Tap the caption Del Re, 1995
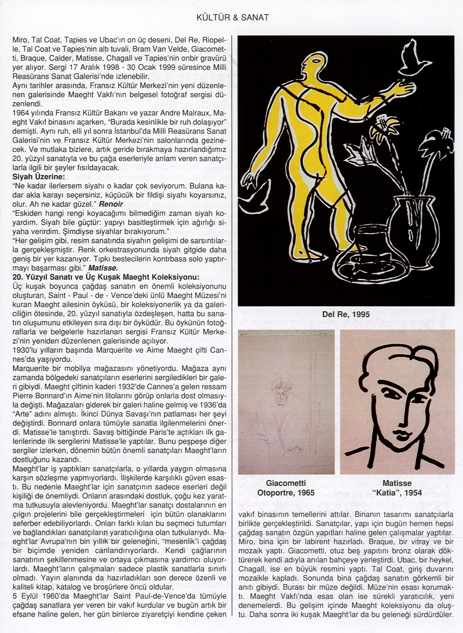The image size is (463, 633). [x=346, y=315]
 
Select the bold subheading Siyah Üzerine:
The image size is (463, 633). [x=38, y=177]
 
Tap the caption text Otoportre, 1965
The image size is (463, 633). [x=286, y=494]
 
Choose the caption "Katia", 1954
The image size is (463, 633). [x=397, y=494]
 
